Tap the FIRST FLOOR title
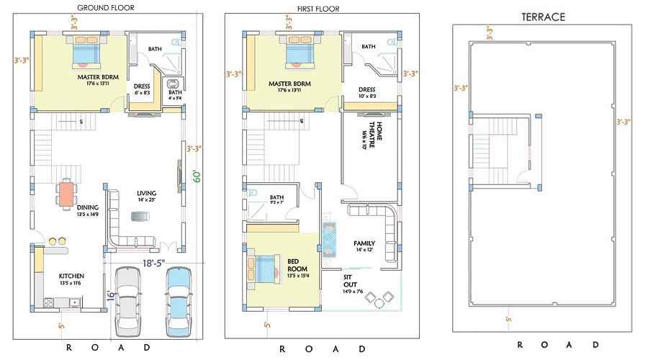(x=318, y=9)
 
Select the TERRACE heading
(x=543, y=16)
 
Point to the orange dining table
(x=66, y=192)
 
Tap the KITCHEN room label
(x=71, y=276)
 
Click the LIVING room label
(x=147, y=193)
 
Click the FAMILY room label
(x=364, y=243)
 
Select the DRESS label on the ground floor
(x=142, y=86)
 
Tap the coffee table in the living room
(x=138, y=216)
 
